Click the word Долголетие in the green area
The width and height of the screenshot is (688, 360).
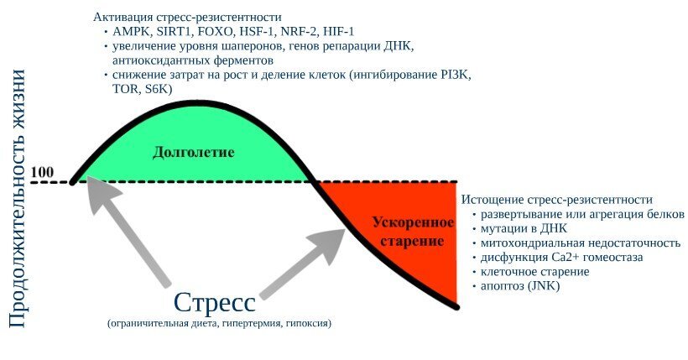point(193,153)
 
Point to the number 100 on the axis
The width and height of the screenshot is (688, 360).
point(42,174)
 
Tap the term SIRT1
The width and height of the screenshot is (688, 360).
point(174,32)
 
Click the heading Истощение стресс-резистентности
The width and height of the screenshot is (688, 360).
point(556,200)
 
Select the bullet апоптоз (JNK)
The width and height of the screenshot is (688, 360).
point(520,286)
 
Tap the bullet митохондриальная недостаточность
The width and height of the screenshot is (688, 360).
point(580,243)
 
